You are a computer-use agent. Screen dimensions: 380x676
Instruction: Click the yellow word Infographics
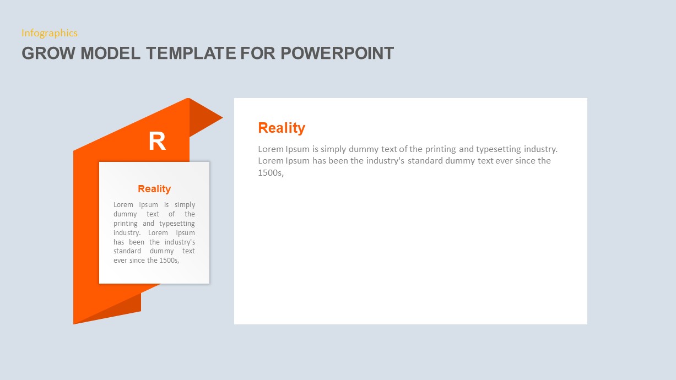(x=50, y=33)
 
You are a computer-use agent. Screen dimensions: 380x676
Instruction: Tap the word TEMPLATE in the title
(x=191, y=53)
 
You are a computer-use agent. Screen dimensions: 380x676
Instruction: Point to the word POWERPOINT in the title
(x=337, y=53)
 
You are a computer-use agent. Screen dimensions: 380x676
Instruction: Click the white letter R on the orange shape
(x=157, y=142)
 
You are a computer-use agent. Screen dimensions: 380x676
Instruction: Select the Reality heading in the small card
(x=154, y=189)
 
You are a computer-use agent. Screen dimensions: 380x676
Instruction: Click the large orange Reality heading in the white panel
(x=282, y=128)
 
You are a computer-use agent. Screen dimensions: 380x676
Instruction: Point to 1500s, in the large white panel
(x=271, y=172)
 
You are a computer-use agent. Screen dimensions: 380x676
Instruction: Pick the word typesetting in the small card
(x=177, y=224)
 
